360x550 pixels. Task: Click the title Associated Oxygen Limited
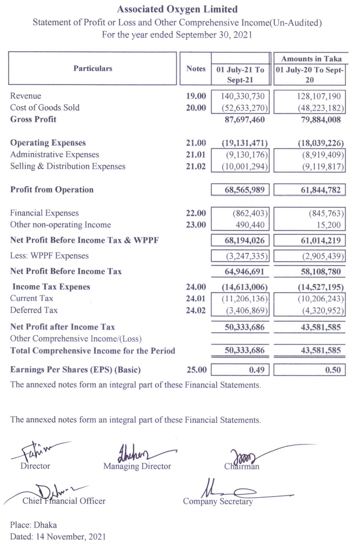177,9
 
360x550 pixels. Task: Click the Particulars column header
93,68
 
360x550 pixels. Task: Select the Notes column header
195,69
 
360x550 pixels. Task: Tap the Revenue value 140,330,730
245,96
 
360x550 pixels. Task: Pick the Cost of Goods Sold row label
45,107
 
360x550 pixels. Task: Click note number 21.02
196,166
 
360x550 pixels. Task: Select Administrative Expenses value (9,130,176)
245,155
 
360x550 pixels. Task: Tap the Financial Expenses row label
44,213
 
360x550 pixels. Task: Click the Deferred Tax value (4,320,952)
321,310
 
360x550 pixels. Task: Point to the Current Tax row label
31,299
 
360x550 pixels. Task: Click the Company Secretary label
218,501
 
